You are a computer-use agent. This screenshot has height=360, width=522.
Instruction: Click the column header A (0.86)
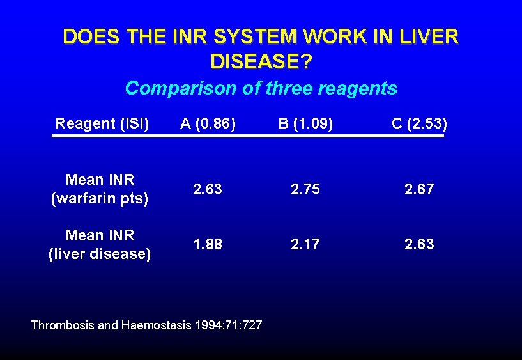tap(208, 123)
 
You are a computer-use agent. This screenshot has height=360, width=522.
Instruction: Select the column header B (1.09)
tap(305, 123)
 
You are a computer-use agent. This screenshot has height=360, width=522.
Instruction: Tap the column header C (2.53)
tap(419, 123)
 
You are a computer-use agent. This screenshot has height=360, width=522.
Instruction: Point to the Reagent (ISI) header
tap(102, 123)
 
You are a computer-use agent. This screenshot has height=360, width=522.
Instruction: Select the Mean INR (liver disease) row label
tap(100, 245)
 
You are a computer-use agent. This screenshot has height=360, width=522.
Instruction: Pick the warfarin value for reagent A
tap(208, 189)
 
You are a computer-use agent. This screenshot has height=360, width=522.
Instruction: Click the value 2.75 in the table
tap(305, 189)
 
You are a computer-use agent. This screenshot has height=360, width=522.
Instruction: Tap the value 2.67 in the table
tap(419, 189)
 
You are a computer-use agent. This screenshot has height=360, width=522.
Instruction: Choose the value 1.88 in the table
tap(208, 244)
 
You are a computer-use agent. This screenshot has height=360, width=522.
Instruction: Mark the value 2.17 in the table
tap(305, 244)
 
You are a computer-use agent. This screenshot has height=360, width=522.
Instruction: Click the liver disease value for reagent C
tap(419, 244)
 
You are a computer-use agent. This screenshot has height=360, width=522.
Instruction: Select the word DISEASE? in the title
tap(261, 62)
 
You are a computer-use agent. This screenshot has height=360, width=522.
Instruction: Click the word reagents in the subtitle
tap(358, 88)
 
